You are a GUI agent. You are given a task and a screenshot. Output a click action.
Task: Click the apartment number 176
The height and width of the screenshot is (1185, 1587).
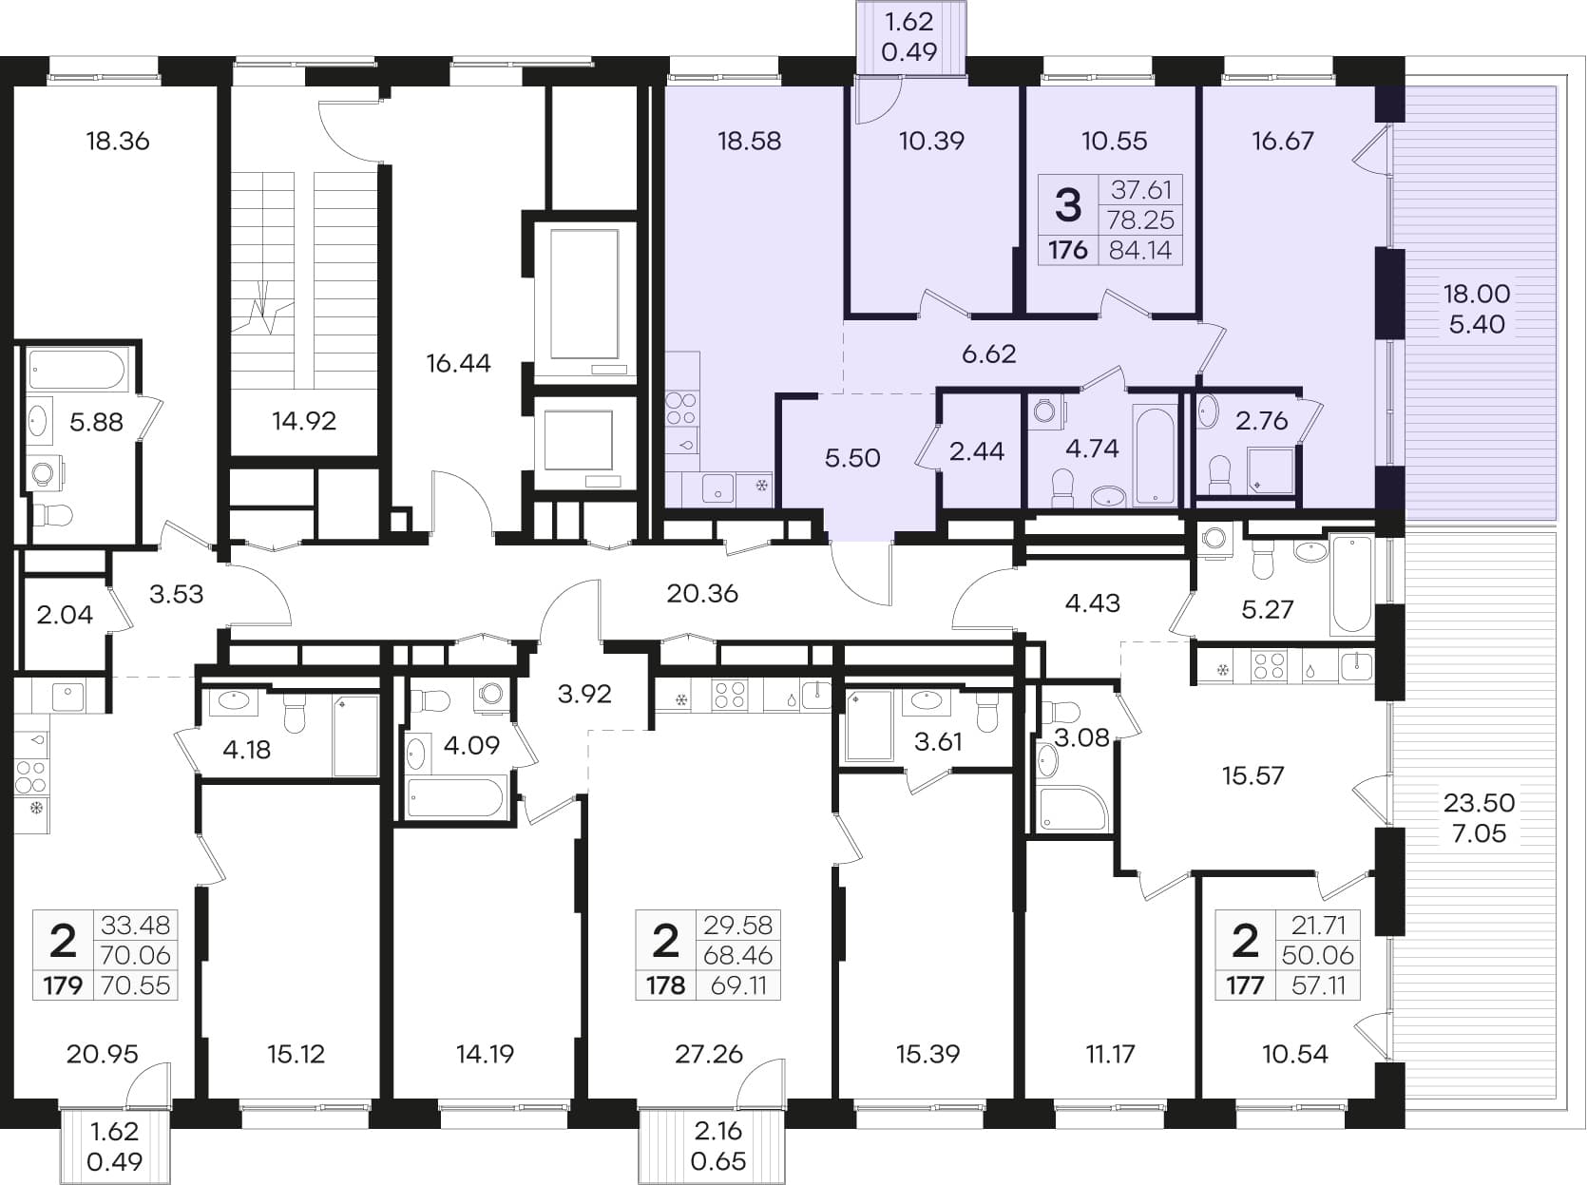[x=1068, y=250]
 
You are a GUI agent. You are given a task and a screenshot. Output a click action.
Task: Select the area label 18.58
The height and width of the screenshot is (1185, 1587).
[x=749, y=141]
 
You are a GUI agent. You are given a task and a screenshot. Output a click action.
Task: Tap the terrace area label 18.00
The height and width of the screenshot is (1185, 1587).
[x=1477, y=294]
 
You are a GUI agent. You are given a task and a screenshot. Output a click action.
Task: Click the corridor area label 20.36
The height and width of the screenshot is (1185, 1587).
[x=702, y=594]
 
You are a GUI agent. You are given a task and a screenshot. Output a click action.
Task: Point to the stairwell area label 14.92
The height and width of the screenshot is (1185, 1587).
[x=304, y=421]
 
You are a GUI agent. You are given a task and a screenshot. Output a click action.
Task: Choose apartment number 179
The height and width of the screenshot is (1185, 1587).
[x=63, y=985]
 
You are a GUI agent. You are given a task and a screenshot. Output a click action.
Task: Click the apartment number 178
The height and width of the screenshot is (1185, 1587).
[x=665, y=985]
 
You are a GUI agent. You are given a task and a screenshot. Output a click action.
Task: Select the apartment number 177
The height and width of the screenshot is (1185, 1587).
[x=1245, y=985]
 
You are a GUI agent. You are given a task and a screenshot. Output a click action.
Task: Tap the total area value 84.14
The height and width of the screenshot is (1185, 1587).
[x=1140, y=250]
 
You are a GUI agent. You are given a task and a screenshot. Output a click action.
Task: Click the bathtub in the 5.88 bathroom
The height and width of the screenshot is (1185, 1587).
[x=78, y=371]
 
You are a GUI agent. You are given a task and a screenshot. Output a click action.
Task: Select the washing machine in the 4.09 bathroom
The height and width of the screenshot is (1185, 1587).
[x=491, y=694]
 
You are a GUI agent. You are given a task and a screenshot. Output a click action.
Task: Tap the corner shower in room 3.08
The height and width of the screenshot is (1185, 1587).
[x=1073, y=809]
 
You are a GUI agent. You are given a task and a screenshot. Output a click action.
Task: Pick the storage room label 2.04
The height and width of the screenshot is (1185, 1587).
[x=65, y=615]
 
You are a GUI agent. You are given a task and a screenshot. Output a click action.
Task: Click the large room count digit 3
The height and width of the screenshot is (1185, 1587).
[x=1068, y=205]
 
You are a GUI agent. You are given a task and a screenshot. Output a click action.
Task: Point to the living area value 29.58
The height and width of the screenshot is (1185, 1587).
[x=737, y=925]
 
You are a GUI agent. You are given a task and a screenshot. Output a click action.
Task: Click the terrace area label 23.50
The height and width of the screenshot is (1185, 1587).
[x=1479, y=803]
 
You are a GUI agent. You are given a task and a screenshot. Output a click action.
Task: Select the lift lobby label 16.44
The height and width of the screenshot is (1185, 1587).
[x=458, y=363]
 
